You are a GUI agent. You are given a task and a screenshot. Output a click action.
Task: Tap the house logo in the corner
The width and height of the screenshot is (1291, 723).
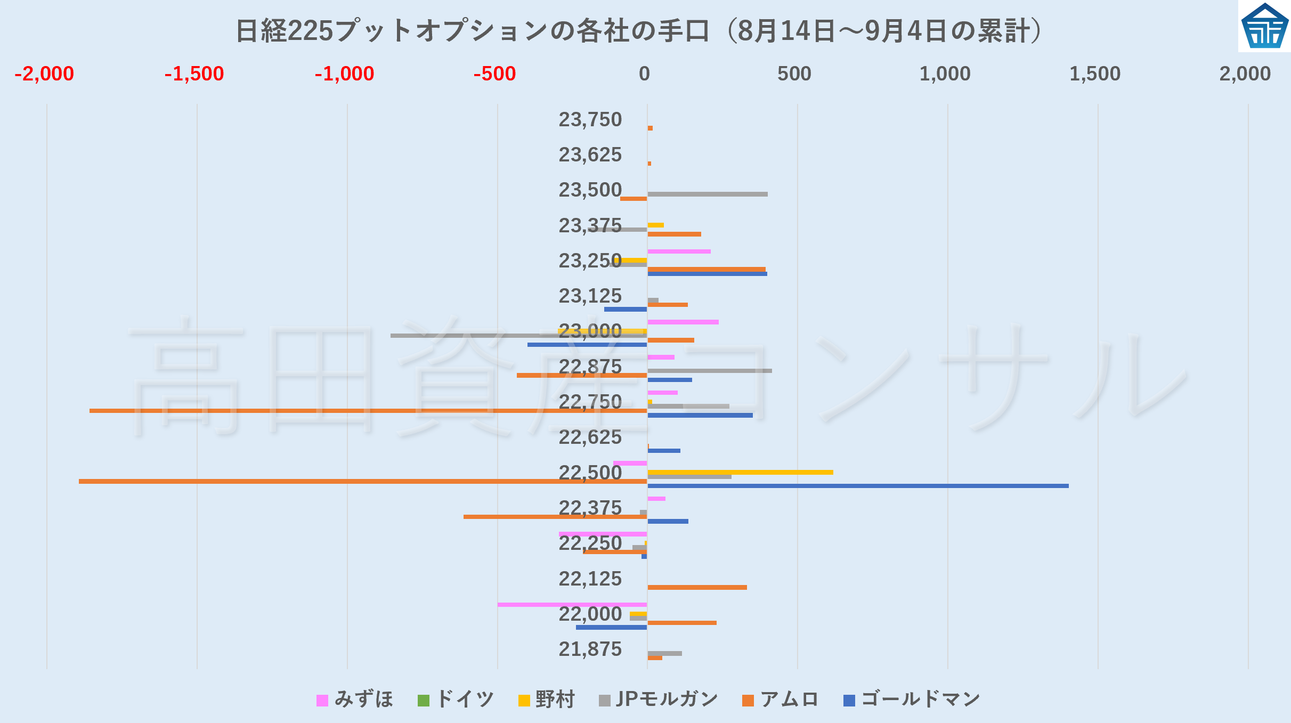[1264, 26]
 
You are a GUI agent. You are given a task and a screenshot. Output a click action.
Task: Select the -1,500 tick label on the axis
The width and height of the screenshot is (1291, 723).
[194, 74]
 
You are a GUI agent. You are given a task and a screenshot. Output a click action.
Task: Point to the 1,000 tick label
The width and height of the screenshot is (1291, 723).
[945, 74]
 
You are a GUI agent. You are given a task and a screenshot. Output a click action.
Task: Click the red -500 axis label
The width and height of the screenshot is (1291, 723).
[494, 74]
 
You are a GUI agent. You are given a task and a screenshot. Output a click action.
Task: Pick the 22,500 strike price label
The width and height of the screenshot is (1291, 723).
[590, 473]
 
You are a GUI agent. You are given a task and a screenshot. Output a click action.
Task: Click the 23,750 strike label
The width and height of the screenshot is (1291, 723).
[590, 119]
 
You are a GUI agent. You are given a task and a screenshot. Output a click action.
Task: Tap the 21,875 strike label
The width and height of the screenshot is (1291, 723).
[590, 649]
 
